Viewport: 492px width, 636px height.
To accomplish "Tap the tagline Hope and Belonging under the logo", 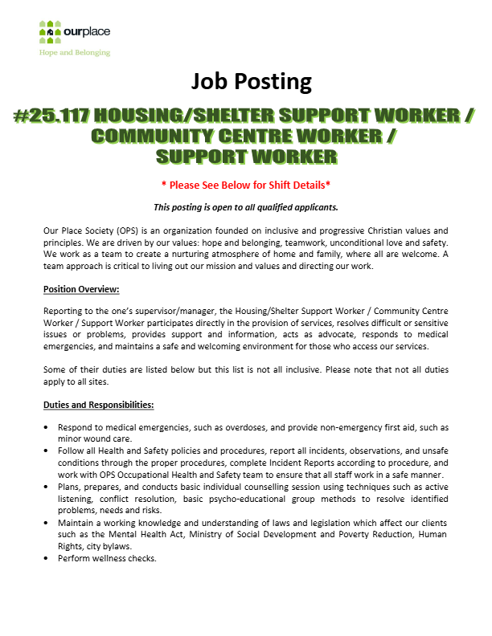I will click(x=75, y=52).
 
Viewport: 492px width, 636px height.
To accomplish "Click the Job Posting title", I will click(x=251, y=81).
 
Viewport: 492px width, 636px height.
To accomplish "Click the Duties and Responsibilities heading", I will click(x=98, y=404).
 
